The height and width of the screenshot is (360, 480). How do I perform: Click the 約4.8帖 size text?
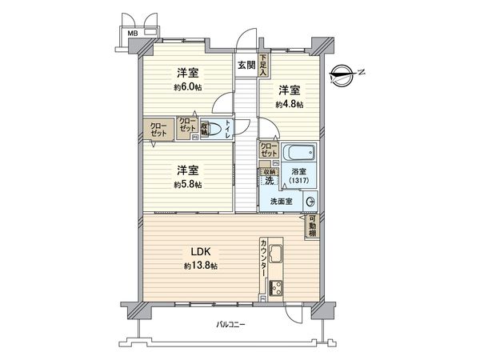pyautogui.click(x=290, y=104)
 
